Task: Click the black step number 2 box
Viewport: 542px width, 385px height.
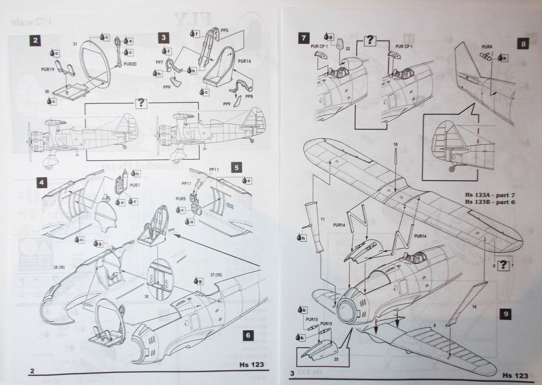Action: tap(35, 40)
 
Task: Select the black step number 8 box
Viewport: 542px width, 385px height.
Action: tap(523, 44)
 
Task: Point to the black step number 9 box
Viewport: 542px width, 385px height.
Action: tap(505, 314)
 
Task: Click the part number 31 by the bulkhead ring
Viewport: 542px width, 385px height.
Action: tap(74, 44)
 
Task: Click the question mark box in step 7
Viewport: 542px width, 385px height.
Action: tap(369, 40)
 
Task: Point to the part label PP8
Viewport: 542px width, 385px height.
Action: tap(249, 96)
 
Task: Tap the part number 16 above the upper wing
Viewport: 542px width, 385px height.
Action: tap(396, 144)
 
